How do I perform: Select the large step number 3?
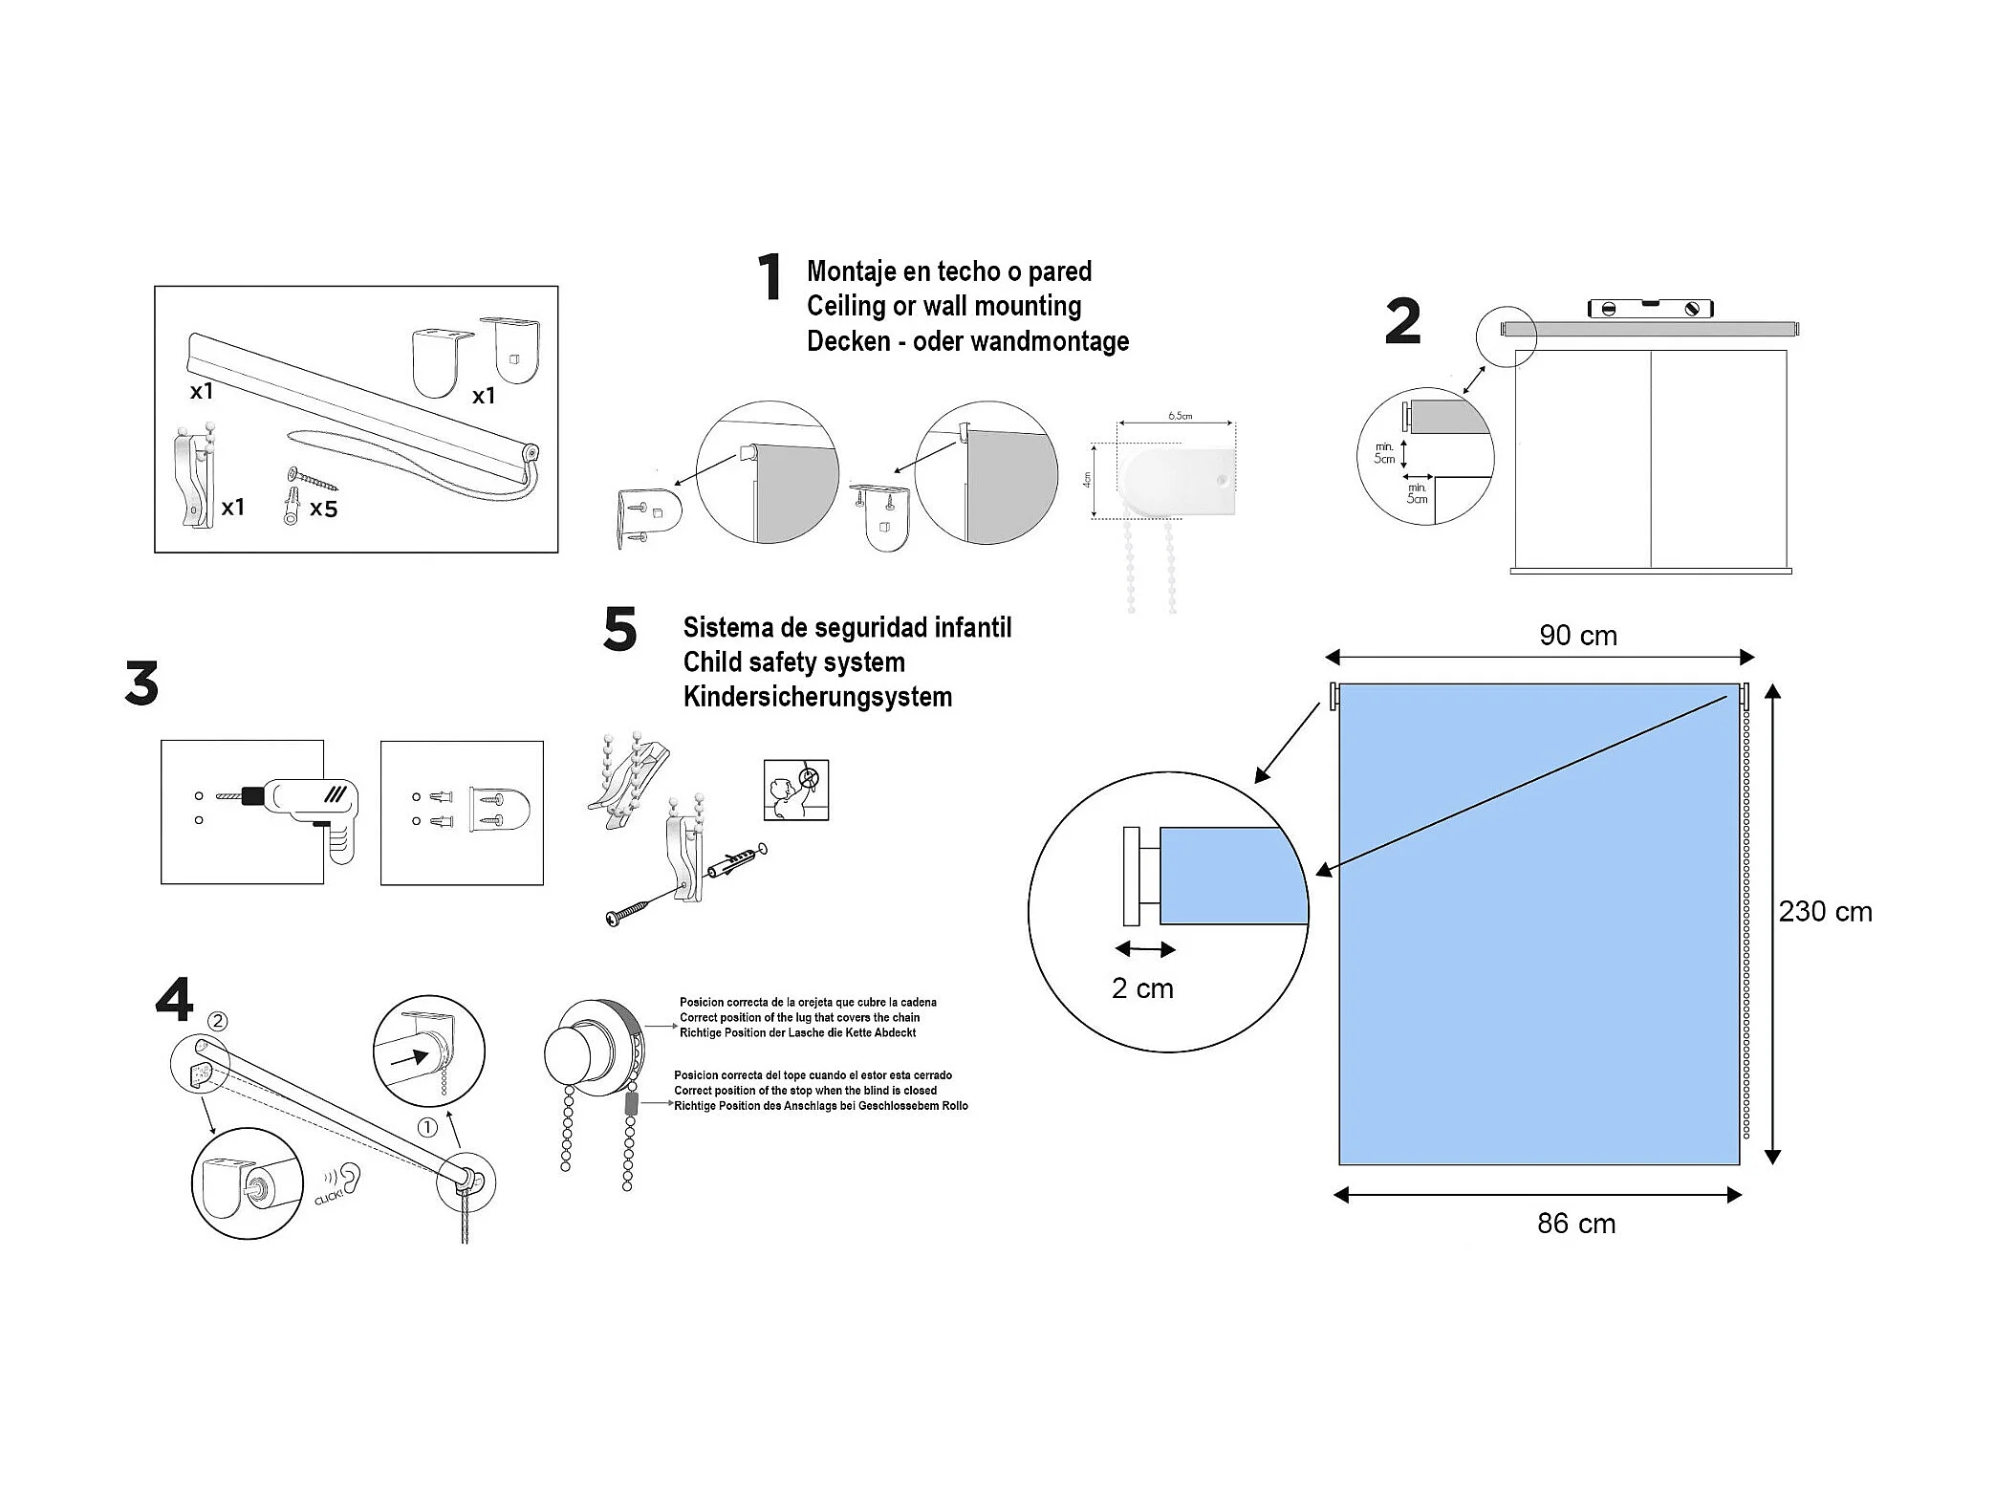[x=141, y=683]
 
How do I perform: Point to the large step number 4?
[x=174, y=1000]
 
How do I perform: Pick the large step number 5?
[x=619, y=630]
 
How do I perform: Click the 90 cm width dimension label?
[x=1577, y=636]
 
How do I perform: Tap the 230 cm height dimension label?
[x=1825, y=912]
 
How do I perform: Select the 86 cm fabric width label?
[x=1576, y=1224]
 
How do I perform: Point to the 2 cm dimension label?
[x=1142, y=988]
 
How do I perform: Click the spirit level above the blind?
[x=1650, y=309]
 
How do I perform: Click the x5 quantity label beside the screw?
[x=324, y=509]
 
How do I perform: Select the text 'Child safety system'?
[x=793, y=662]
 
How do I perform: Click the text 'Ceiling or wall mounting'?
[x=943, y=306]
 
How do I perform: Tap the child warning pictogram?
[x=795, y=790]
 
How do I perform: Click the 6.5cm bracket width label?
[x=1180, y=416]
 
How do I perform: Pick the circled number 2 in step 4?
[x=218, y=1021]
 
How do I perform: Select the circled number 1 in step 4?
[x=427, y=1127]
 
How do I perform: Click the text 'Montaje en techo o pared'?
[x=948, y=271]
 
